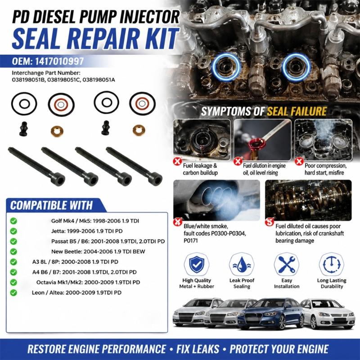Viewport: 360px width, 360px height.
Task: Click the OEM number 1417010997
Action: pos(59,61)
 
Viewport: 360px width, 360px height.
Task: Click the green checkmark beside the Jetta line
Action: pos(13,231)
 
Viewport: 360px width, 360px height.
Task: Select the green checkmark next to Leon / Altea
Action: pos(13,292)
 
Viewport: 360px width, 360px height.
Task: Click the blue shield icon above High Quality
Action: pos(196,264)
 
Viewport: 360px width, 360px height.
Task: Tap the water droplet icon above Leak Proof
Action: pos(242,265)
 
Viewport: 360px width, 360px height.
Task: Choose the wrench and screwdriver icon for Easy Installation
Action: pos(287,264)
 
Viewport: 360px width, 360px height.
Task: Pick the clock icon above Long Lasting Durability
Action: pos(332,265)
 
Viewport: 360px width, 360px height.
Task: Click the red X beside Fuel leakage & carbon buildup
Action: pos(177,161)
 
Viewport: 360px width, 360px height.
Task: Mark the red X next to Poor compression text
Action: pos(299,161)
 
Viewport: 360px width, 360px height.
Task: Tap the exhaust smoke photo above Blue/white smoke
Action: pos(217,200)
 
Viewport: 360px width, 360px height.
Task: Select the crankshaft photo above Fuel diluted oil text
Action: pos(308,200)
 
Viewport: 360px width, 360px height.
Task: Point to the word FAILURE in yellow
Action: pos(297,111)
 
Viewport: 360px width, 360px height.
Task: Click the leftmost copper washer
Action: pos(57,131)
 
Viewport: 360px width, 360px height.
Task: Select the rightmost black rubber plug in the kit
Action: pos(105,128)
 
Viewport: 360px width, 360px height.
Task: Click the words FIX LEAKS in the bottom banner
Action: pos(198,349)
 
